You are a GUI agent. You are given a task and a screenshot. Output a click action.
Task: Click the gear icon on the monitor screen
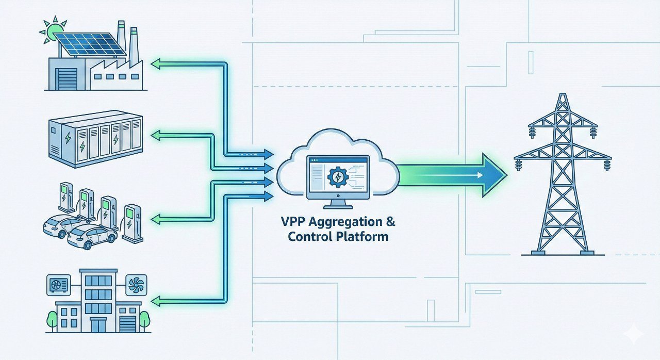(x=337, y=177)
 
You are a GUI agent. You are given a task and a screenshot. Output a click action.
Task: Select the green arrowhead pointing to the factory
(x=155, y=63)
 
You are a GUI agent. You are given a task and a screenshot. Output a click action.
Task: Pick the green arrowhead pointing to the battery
(x=155, y=136)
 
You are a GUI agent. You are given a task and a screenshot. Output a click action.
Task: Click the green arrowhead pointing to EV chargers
(x=155, y=219)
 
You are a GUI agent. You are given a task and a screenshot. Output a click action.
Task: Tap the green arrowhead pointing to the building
(x=155, y=300)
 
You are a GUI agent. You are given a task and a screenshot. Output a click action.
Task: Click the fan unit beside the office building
(x=136, y=284)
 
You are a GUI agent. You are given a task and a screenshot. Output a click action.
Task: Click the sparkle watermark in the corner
(x=633, y=334)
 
